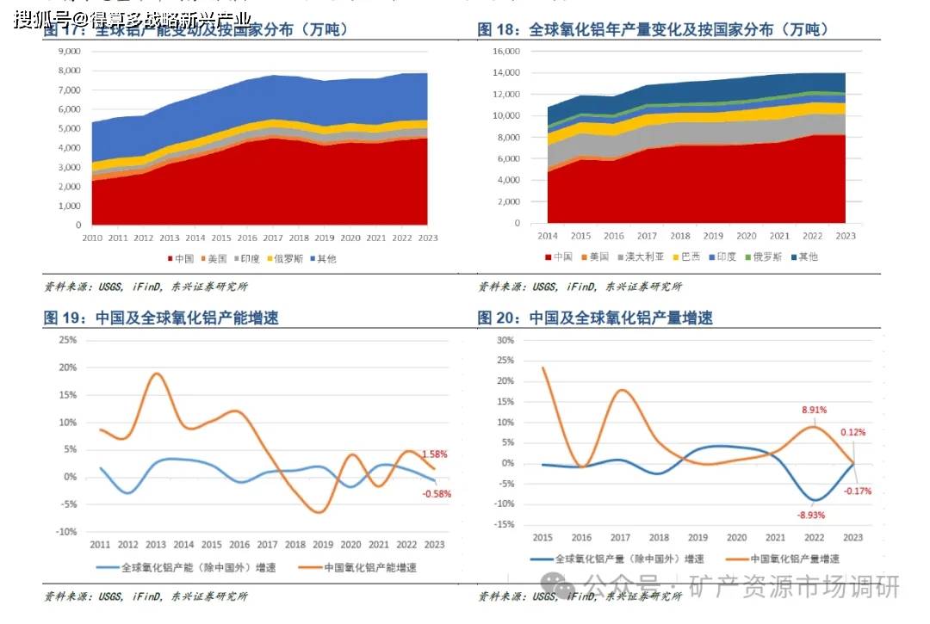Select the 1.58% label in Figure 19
click(x=434, y=454)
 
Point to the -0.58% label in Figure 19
click(x=436, y=494)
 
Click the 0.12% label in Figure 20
click(x=852, y=432)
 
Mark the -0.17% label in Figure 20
click(x=858, y=491)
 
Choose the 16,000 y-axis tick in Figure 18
click(x=506, y=51)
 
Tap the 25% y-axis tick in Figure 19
click(x=68, y=340)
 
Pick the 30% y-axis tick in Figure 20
click(x=506, y=340)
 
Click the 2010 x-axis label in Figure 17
click(x=92, y=237)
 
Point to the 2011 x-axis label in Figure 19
click(x=101, y=544)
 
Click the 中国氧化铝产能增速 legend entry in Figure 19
click(x=365, y=567)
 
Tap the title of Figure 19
click(x=161, y=318)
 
